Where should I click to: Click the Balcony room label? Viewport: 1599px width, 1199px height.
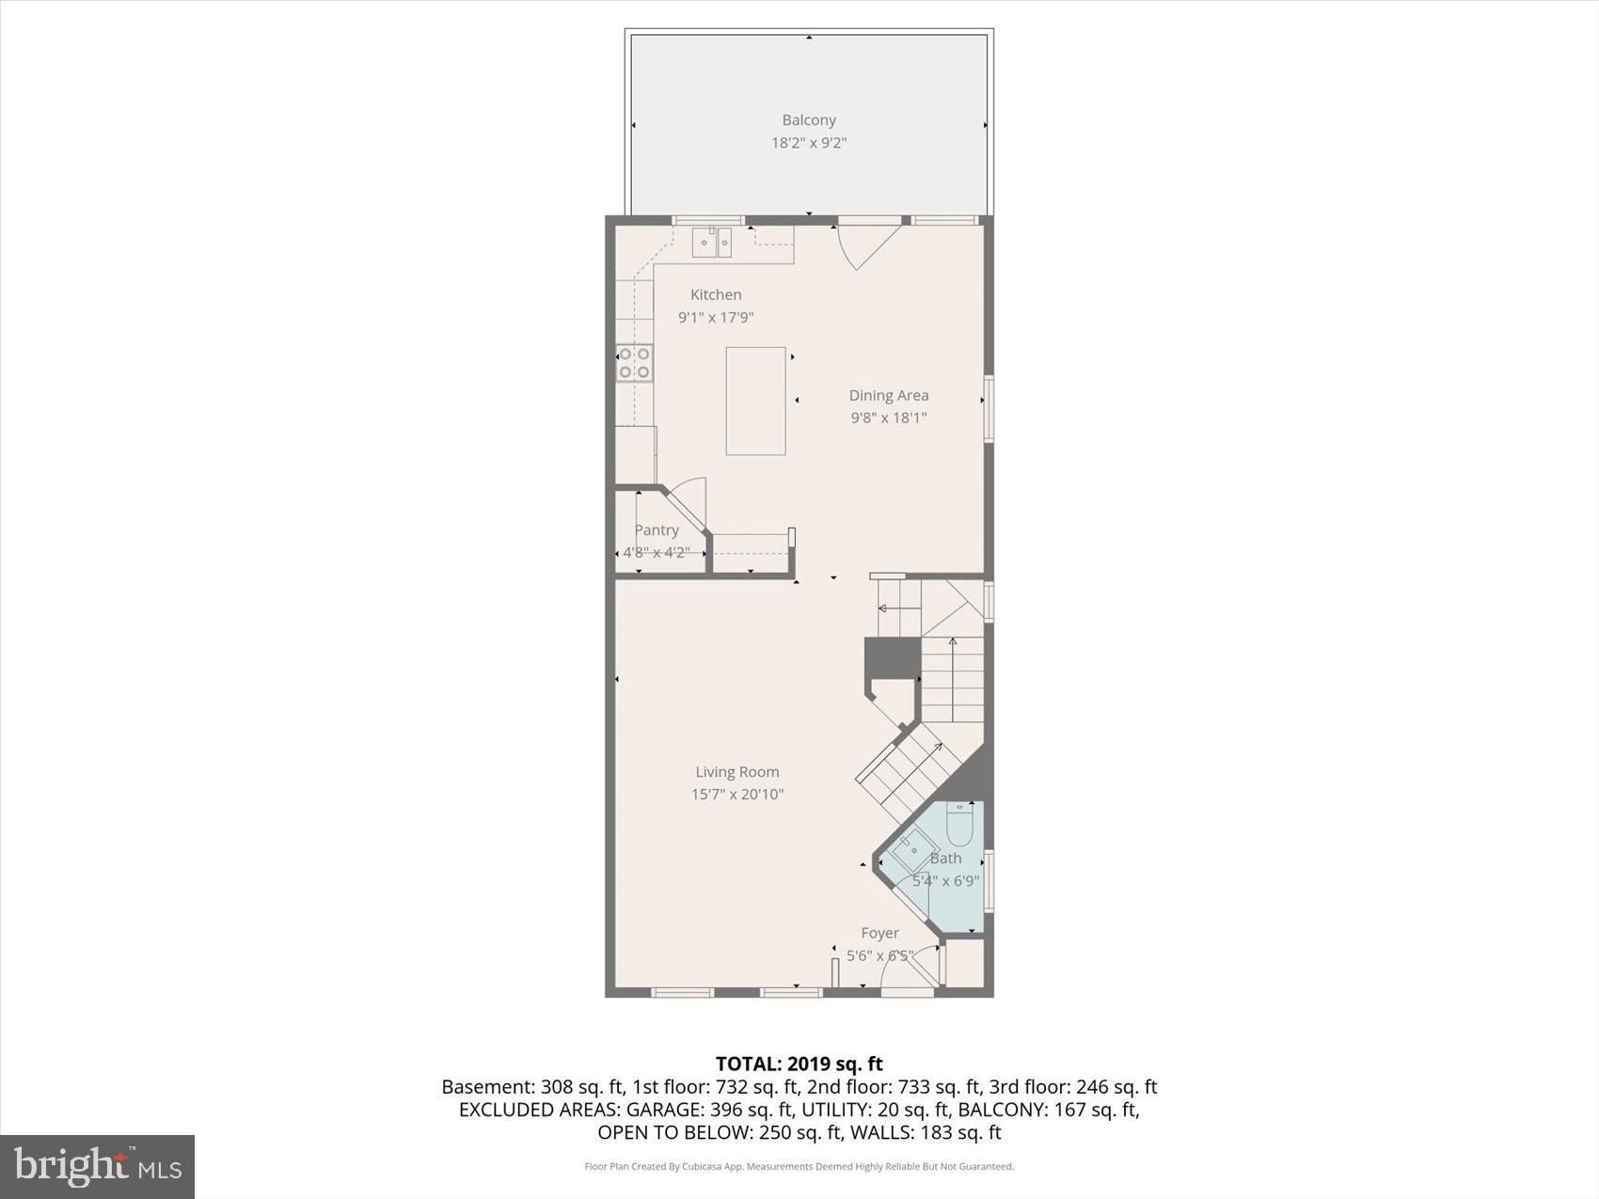click(x=808, y=120)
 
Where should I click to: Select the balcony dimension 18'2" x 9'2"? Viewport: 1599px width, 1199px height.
click(x=808, y=143)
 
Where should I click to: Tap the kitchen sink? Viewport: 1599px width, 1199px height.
click(x=712, y=242)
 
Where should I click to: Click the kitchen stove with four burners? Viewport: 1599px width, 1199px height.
click(x=635, y=363)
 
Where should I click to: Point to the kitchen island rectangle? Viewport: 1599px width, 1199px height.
click(x=755, y=401)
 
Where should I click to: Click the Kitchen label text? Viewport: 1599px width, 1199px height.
click(x=716, y=294)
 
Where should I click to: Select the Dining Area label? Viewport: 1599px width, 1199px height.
click(x=888, y=395)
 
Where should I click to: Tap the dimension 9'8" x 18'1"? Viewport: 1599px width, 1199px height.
click(x=888, y=418)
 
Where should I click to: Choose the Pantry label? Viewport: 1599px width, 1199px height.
click(x=656, y=529)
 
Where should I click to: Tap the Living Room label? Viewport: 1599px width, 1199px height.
click(x=736, y=771)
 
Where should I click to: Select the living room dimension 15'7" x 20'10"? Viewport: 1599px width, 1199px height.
click(x=736, y=794)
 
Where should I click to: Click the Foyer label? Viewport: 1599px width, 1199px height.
click(x=879, y=933)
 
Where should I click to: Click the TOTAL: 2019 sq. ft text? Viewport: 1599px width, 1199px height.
click(x=799, y=1064)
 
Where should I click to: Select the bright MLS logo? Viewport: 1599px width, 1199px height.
click(x=97, y=1166)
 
